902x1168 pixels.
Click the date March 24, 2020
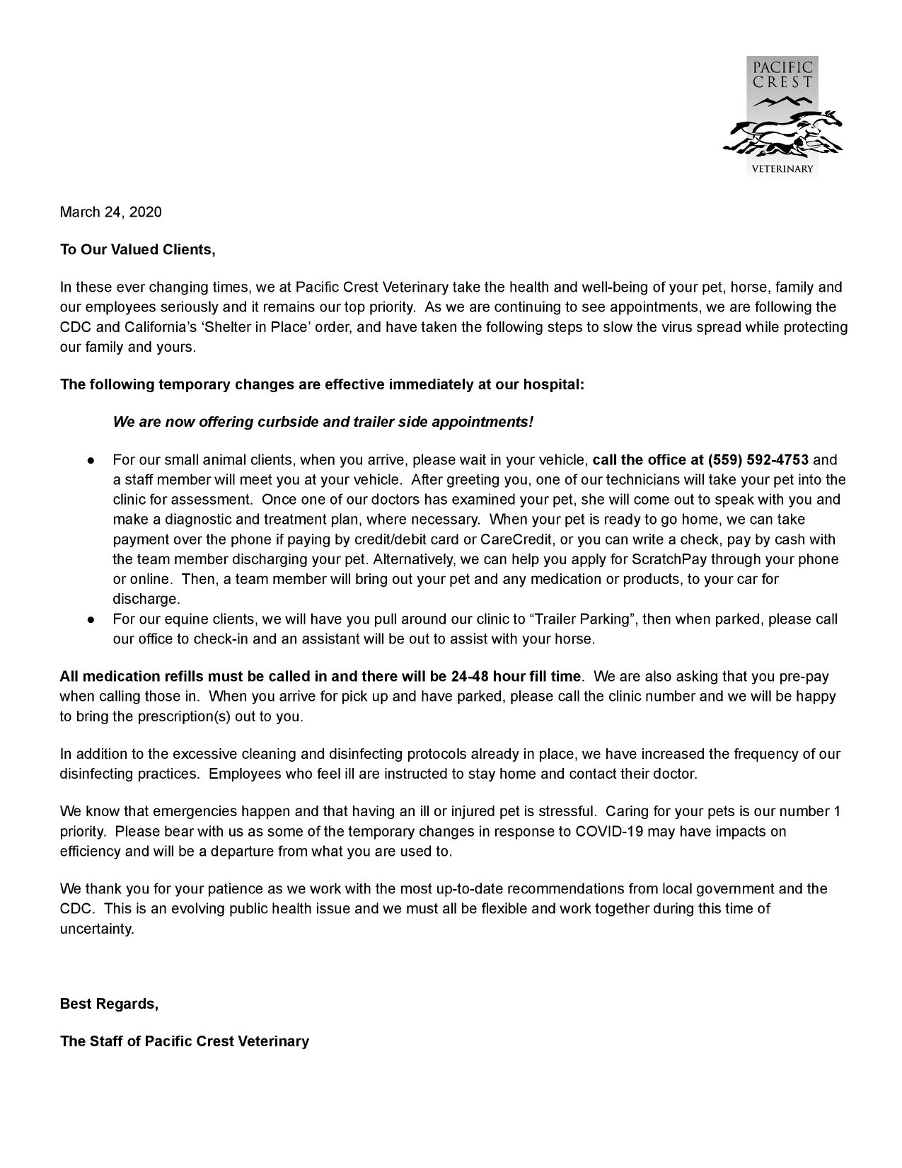110,212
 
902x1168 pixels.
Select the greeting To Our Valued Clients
137,250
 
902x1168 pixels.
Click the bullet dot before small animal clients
91,461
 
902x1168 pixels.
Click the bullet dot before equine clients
91,619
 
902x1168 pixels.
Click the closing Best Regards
109,1004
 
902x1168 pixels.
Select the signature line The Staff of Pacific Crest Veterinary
184,1041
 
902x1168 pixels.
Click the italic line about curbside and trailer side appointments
323,423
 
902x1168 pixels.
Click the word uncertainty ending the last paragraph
96,928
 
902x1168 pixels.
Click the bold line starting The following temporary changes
322,385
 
